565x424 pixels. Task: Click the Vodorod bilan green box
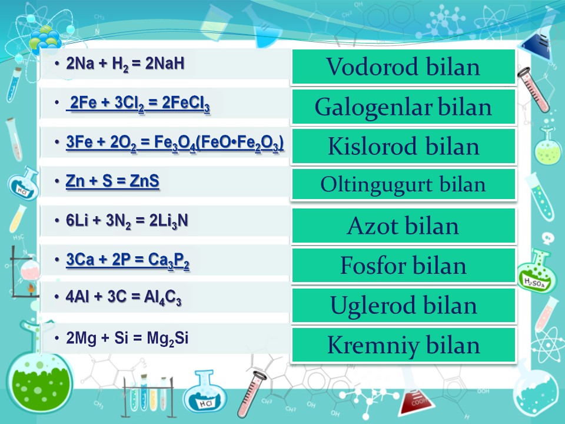coord(404,67)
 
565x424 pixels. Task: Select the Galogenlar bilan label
coord(403,107)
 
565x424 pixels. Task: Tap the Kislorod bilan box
coord(404,146)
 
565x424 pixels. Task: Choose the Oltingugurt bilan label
coord(403,184)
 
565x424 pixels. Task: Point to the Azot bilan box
coord(404,226)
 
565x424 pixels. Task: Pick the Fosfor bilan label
coord(403,266)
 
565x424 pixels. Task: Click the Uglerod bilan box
coord(404,305)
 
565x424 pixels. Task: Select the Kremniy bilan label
coord(403,346)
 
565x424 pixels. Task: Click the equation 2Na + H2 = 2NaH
coord(125,64)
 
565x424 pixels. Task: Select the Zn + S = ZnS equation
coord(112,181)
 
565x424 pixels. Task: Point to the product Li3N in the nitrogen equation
coord(169,221)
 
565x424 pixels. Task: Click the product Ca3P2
coord(169,261)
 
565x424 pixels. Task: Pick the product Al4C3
coord(162,297)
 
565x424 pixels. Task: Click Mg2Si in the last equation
coord(168,339)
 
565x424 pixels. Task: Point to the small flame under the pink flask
coord(31,288)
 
